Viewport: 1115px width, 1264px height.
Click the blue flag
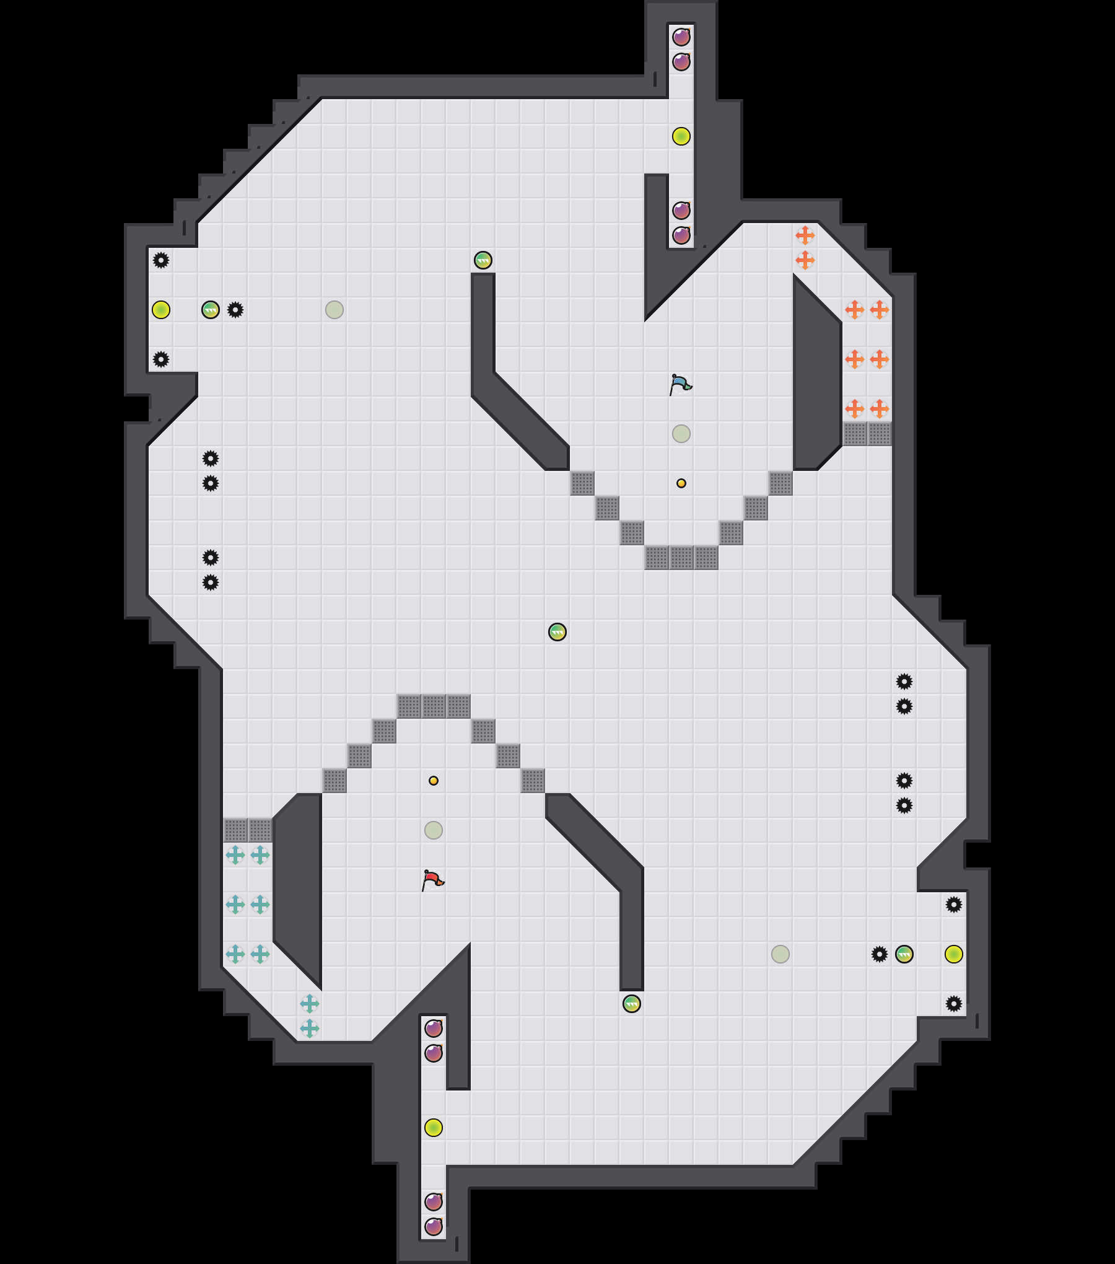680,384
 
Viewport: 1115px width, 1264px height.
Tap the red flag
432,880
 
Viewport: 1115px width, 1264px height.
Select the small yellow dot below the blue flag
681,483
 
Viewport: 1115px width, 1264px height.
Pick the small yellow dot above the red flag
434,781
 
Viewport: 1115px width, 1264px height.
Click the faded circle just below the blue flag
681,434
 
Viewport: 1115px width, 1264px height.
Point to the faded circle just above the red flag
434,830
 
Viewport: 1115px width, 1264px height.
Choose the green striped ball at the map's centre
557,632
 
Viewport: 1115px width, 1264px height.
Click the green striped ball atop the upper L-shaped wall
483,260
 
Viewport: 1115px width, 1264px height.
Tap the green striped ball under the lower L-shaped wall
632,1004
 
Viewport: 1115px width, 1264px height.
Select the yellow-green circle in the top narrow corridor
681,136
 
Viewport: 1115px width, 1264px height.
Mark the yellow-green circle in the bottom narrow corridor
434,1128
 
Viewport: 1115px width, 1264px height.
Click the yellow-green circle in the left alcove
161,310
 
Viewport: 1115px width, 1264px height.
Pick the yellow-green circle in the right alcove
954,954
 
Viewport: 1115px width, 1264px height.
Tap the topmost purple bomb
681,37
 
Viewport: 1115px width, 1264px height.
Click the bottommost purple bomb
434,1227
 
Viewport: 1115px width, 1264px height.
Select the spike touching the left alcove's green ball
235,310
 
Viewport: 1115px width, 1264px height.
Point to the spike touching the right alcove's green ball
880,954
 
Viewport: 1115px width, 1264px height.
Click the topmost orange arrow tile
805,235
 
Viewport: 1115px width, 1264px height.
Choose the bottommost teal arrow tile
310,1029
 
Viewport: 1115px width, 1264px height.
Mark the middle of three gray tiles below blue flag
681,558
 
